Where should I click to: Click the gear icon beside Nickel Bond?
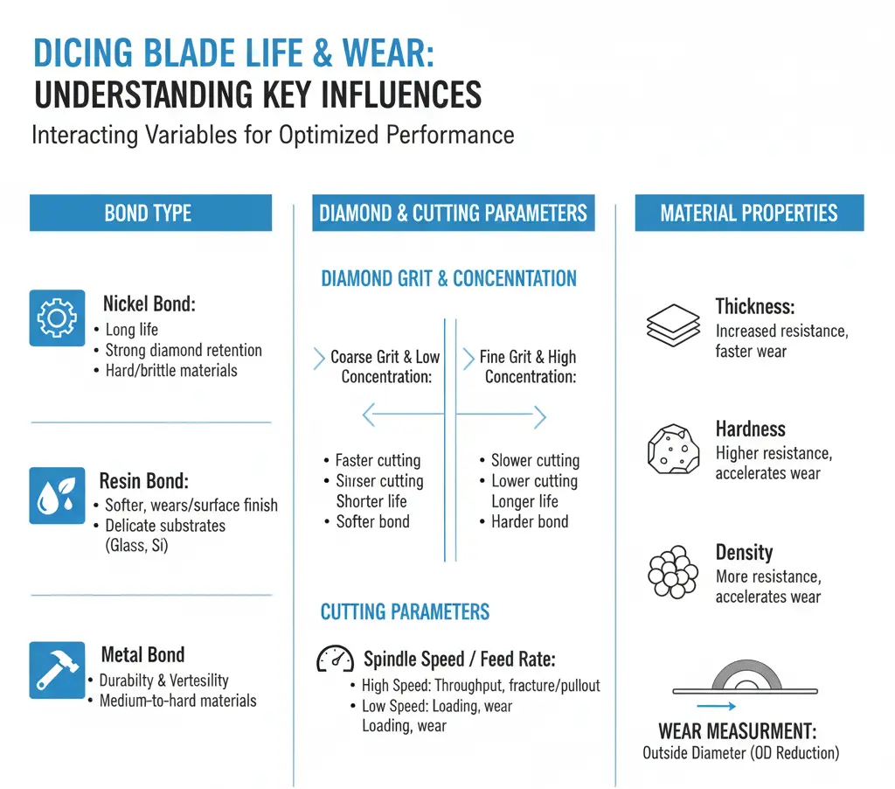[57, 318]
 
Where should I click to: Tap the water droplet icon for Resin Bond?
[57, 495]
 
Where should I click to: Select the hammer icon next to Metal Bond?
[57, 669]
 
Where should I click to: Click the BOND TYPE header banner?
[150, 213]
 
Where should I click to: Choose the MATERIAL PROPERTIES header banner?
[748, 213]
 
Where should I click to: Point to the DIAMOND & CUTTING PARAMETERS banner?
[453, 213]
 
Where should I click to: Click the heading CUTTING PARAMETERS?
[405, 611]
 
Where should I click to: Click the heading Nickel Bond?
[149, 304]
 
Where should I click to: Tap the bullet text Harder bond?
[530, 521]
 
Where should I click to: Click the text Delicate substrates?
[165, 526]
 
